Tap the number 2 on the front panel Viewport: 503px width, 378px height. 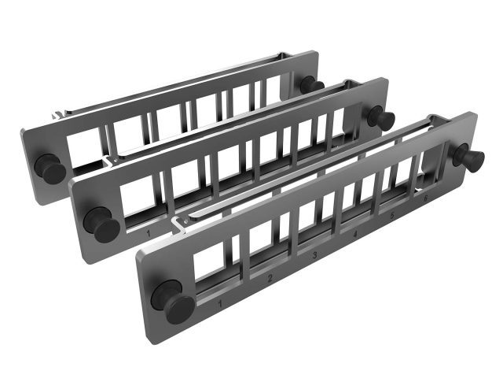[270, 278]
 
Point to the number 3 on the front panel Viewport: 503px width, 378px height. [314, 256]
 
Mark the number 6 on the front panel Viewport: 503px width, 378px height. [424, 199]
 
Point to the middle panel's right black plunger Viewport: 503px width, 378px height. [382, 117]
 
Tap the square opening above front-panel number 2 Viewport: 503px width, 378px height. [264, 243]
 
